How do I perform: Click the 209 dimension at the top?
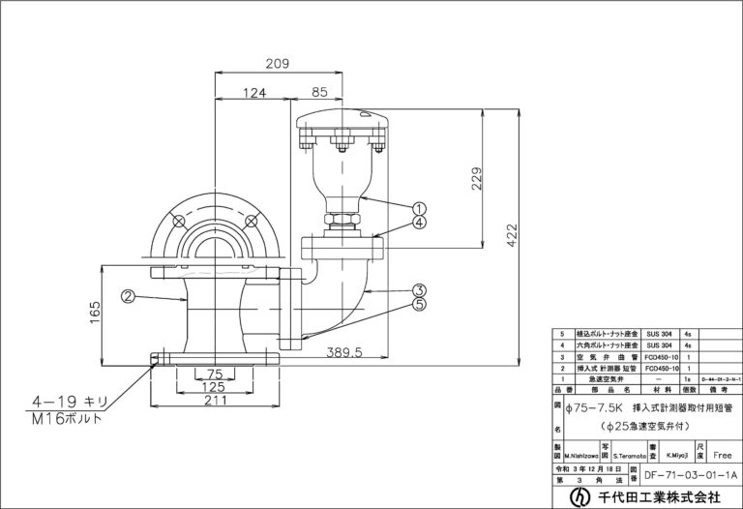tap(279, 65)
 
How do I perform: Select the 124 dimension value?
tap(253, 94)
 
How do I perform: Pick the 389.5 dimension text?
tap(344, 353)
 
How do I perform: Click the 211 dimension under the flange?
tap(215, 402)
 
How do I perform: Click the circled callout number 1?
tap(421, 207)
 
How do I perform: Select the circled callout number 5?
tap(419, 304)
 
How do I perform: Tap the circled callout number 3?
tap(419, 289)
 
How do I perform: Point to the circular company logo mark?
tap(580, 496)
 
